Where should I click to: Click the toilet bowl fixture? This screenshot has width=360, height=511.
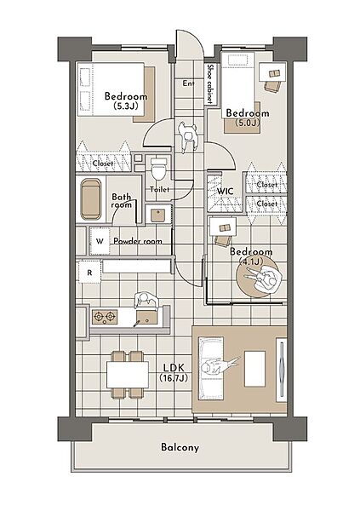pos(159,168)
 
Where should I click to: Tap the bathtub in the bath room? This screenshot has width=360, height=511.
pos(91,199)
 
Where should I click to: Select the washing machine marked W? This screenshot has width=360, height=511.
pos(100,241)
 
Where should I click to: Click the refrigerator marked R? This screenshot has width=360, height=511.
pos(89,273)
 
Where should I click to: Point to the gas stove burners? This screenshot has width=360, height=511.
pos(105,317)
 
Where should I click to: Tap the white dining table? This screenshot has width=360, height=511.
pos(128,374)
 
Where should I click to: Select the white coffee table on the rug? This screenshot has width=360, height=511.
pos(254,369)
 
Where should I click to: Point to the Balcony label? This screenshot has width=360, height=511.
pos(180,447)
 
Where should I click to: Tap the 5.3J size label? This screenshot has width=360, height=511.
pos(126,106)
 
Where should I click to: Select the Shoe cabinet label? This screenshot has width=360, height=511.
pos(210,83)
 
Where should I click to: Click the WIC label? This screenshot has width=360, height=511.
pos(226,191)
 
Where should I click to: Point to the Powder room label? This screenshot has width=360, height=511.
pos(138,242)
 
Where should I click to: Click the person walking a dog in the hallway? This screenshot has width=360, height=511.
pos(187,136)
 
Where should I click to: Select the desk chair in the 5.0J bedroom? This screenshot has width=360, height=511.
pos(271,86)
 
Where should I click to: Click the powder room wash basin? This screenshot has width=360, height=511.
pos(158,215)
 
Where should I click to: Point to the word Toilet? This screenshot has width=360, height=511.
pos(160,189)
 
